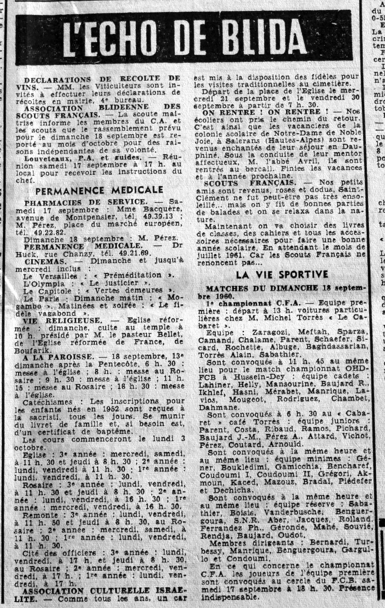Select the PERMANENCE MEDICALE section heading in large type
[99, 191]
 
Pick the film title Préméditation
[139, 275]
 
